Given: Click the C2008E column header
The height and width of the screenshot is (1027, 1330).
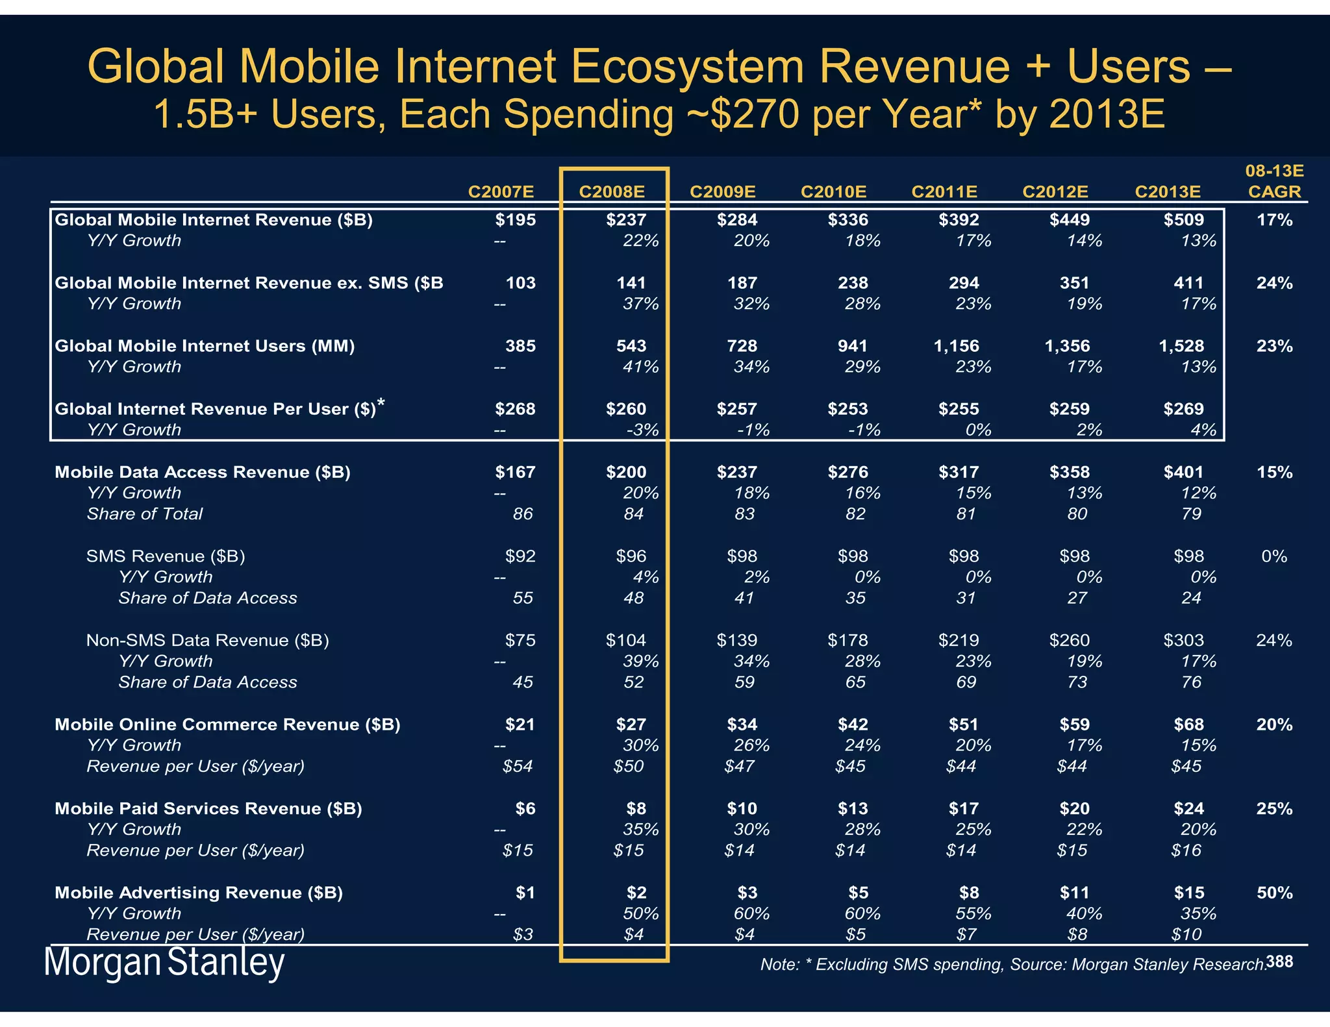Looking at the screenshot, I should [611, 192].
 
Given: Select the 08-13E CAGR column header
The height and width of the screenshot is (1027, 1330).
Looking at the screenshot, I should [1274, 182].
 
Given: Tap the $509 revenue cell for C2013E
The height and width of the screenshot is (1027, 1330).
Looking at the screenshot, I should [1183, 220].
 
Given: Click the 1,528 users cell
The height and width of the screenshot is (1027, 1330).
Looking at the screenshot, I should [1181, 346].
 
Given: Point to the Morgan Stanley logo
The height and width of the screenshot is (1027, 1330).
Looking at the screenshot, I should [164, 963].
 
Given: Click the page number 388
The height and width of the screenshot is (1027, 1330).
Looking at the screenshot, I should [1279, 961].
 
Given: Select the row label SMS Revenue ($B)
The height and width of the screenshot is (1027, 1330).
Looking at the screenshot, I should [166, 556].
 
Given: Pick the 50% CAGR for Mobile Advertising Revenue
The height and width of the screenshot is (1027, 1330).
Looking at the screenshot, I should [1274, 893].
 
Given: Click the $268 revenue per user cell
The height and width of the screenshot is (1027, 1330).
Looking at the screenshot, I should [515, 409].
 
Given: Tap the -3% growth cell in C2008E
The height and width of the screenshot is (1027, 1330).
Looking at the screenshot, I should [642, 430].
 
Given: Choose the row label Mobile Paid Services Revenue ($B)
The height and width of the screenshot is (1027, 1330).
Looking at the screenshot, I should [208, 808].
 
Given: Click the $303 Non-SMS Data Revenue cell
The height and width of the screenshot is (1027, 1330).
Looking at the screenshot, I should [1183, 641].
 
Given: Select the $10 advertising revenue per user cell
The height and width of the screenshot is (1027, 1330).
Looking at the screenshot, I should [1186, 934].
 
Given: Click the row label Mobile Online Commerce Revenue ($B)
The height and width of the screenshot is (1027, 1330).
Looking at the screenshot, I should [227, 724].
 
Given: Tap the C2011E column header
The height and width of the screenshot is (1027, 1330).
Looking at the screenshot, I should [944, 192].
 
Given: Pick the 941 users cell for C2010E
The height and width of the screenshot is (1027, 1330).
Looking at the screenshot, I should [852, 346].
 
